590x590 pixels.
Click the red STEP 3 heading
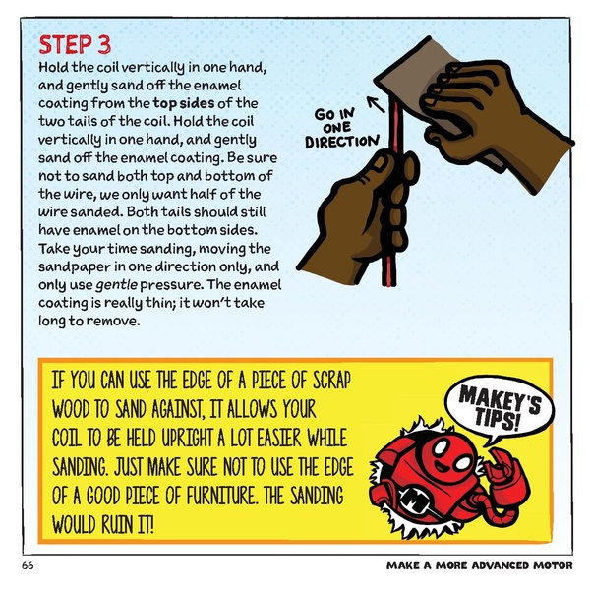pos(75,45)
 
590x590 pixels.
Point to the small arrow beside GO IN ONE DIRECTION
pos(374,99)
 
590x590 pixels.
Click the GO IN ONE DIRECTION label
pos(340,129)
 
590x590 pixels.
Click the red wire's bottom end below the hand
pos(384,277)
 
